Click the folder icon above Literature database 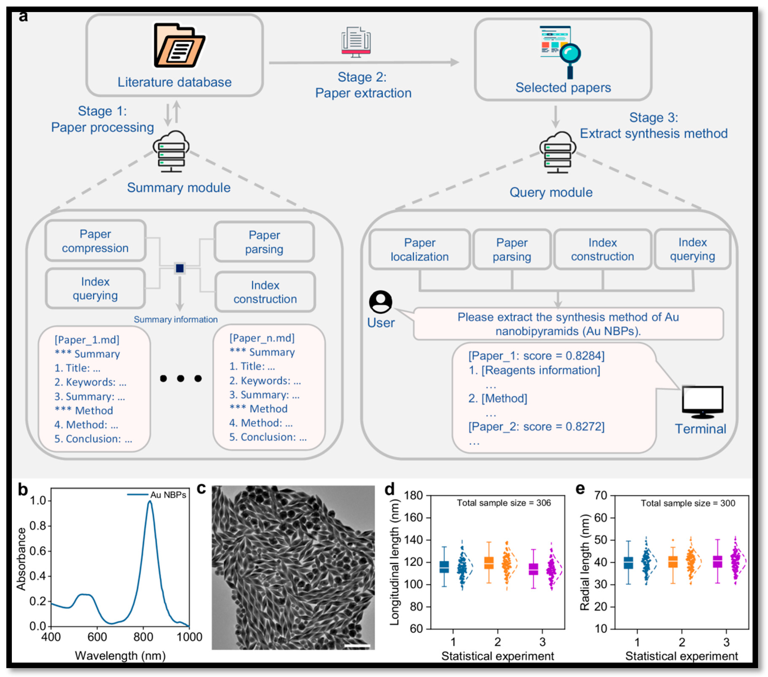(179, 46)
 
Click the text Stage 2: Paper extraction (363, 85)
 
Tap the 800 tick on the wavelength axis (143, 637)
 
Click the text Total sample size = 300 (688, 503)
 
